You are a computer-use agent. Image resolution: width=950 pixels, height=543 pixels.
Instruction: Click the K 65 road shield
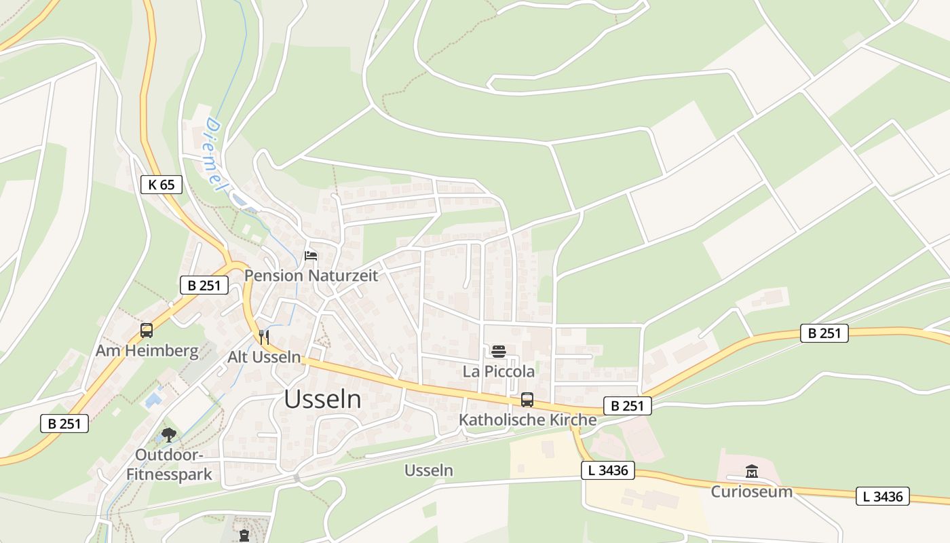pyautogui.click(x=161, y=184)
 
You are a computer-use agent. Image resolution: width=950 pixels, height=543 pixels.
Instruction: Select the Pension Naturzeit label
pyautogui.click(x=311, y=276)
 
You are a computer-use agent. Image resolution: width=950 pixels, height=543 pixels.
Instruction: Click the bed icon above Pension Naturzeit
pyautogui.click(x=311, y=256)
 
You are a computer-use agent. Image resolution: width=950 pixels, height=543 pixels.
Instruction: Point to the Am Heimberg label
pyautogui.click(x=147, y=351)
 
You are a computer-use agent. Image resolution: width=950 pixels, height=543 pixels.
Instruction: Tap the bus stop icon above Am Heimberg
pyautogui.click(x=147, y=331)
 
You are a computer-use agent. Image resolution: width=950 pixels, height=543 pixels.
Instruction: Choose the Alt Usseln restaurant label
pyautogui.click(x=264, y=357)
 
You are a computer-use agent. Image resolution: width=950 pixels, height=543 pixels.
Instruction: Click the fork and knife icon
pyautogui.click(x=264, y=337)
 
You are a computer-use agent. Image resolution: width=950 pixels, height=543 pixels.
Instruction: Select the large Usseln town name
pyautogui.click(x=322, y=400)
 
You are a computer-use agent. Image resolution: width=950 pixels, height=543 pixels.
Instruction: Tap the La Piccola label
pyautogui.click(x=499, y=371)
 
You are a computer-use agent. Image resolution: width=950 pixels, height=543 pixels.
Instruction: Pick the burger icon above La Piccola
pyautogui.click(x=499, y=351)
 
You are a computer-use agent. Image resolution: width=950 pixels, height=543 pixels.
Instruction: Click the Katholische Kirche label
pyautogui.click(x=527, y=419)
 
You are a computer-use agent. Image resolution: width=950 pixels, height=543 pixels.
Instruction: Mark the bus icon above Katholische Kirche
pyautogui.click(x=527, y=400)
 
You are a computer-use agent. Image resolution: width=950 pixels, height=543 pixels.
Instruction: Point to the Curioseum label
pyautogui.click(x=751, y=491)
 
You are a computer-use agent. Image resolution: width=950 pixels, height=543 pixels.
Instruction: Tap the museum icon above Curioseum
pyautogui.click(x=752, y=471)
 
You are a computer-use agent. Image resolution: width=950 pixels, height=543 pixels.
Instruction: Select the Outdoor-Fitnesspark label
pyautogui.click(x=170, y=464)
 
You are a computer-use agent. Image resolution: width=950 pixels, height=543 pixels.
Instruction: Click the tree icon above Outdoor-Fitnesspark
pyautogui.click(x=169, y=435)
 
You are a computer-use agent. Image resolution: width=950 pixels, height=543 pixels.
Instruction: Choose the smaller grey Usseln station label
pyautogui.click(x=429, y=470)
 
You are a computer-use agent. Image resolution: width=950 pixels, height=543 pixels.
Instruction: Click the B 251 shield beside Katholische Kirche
pyautogui.click(x=627, y=406)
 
